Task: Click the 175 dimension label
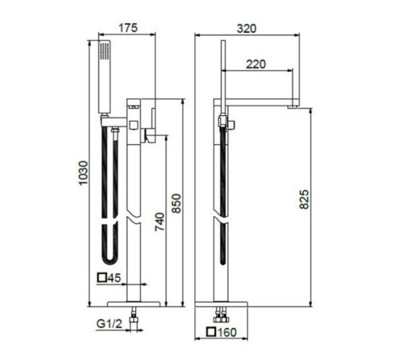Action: pos(128,28)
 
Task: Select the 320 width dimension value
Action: pos(246,29)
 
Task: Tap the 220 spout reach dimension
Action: pos(256,64)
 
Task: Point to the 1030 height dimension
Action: pos(83,173)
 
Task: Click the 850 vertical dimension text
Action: pos(176,203)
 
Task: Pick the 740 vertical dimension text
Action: pos(160,222)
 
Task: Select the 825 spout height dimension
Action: pos(304,199)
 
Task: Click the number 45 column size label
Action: pos(114,278)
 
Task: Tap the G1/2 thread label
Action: pos(110,324)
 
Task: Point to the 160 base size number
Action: pos(227,332)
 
